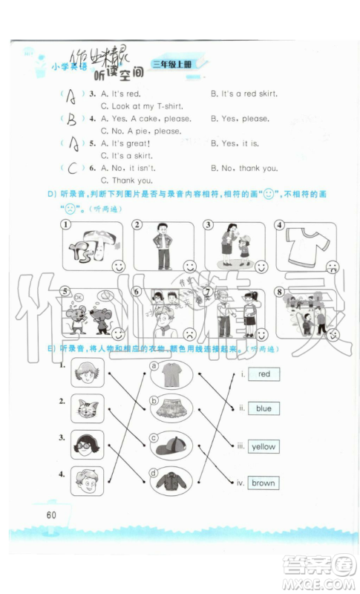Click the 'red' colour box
[264, 374]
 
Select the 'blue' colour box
[264, 408]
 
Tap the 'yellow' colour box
[264, 446]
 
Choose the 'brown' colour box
[264, 483]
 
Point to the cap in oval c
[170, 446]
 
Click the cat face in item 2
[87, 408]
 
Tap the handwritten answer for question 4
[72, 120]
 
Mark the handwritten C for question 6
[72, 169]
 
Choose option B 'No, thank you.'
[244, 169]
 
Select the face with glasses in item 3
[87, 445]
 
